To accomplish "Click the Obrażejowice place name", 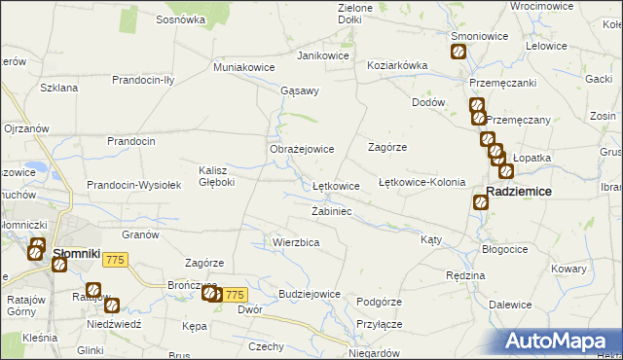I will [302, 149].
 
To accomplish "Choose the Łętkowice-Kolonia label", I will [421, 182].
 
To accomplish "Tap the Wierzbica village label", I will [296, 242].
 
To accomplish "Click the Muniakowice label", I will [243, 68].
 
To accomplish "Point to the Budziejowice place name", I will [309, 294].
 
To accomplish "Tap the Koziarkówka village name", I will [397, 65].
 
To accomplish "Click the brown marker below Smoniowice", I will [458, 53].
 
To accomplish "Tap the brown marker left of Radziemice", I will [480, 202].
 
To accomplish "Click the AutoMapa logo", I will [563, 340].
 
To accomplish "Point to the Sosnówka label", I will [180, 18].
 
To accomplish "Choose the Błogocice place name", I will [504, 249].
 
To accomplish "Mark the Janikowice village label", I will [323, 55].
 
